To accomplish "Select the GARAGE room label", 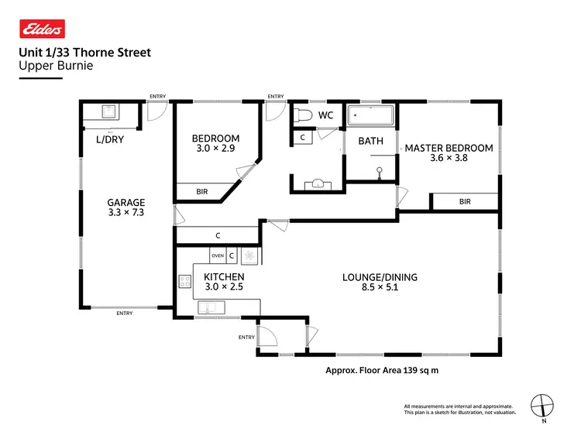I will point(126,203).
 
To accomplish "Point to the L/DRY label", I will point(110,140).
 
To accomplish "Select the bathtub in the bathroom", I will point(370,117).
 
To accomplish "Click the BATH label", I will point(370,142).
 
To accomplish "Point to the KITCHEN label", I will point(224,276).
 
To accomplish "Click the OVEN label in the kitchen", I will point(217,255).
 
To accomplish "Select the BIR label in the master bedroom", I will point(465,202).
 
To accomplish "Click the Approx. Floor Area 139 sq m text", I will point(382,371).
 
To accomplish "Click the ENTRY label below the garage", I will point(124,313).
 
